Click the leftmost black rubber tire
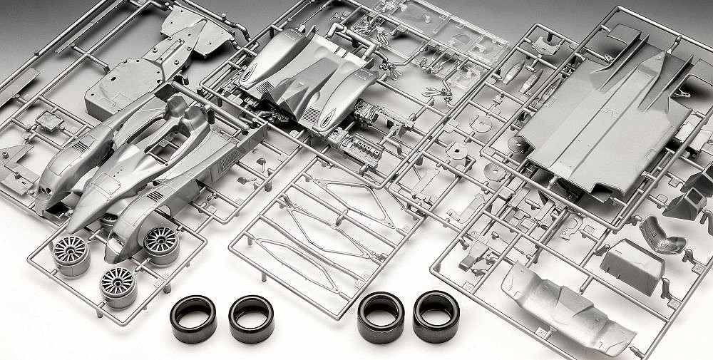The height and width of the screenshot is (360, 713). (x=193, y=318)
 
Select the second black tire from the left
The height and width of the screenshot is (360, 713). (x=251, y=318)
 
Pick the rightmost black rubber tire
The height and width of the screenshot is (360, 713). (x=436, y=315)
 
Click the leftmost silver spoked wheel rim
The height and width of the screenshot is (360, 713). (x=71, y=254)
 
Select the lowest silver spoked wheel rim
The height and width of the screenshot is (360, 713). (x=118, y=286)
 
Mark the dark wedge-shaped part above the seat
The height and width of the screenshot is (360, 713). (x=684, y=203)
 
